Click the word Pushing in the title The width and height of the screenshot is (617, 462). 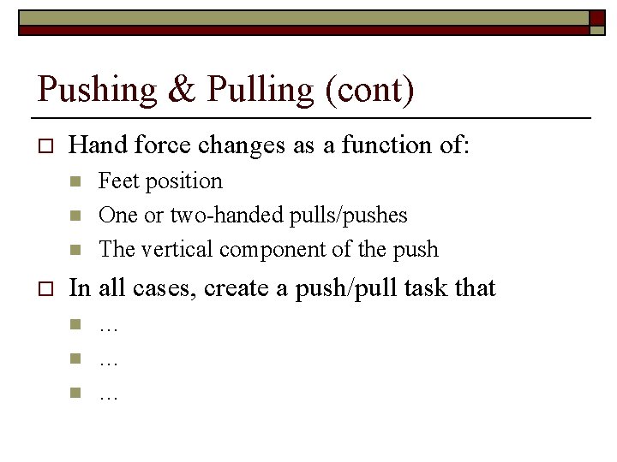[x=97, y=91]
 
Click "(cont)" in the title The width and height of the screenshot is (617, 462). [x=370, y=91]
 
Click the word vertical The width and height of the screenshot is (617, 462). [x=181, y=250]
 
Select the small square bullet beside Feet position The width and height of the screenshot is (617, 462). [x=75, y=181]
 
